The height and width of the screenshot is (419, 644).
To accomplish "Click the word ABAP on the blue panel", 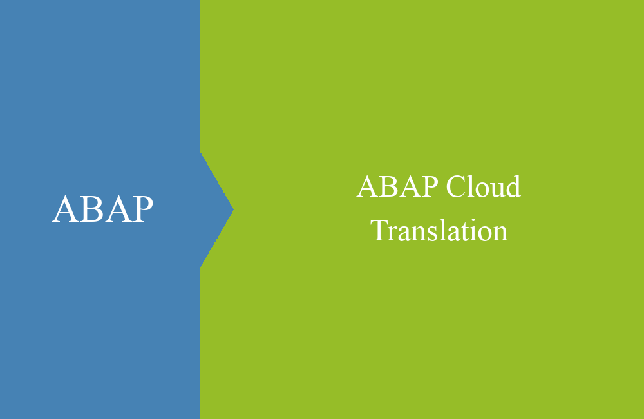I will (x=102, y=209).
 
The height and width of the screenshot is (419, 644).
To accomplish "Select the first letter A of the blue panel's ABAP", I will (x=65, y=209).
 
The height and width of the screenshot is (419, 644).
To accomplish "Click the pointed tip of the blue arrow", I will (x=232, y=209).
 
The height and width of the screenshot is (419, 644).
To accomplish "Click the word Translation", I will (x=439, y=230).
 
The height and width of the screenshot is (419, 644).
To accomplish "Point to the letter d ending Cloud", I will (x=512, y=188).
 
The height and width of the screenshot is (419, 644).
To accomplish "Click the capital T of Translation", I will (x=379, y=230).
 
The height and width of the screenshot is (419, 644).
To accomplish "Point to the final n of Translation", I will (x=500, y=233).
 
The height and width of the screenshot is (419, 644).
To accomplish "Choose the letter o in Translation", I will (x=484, y=233).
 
